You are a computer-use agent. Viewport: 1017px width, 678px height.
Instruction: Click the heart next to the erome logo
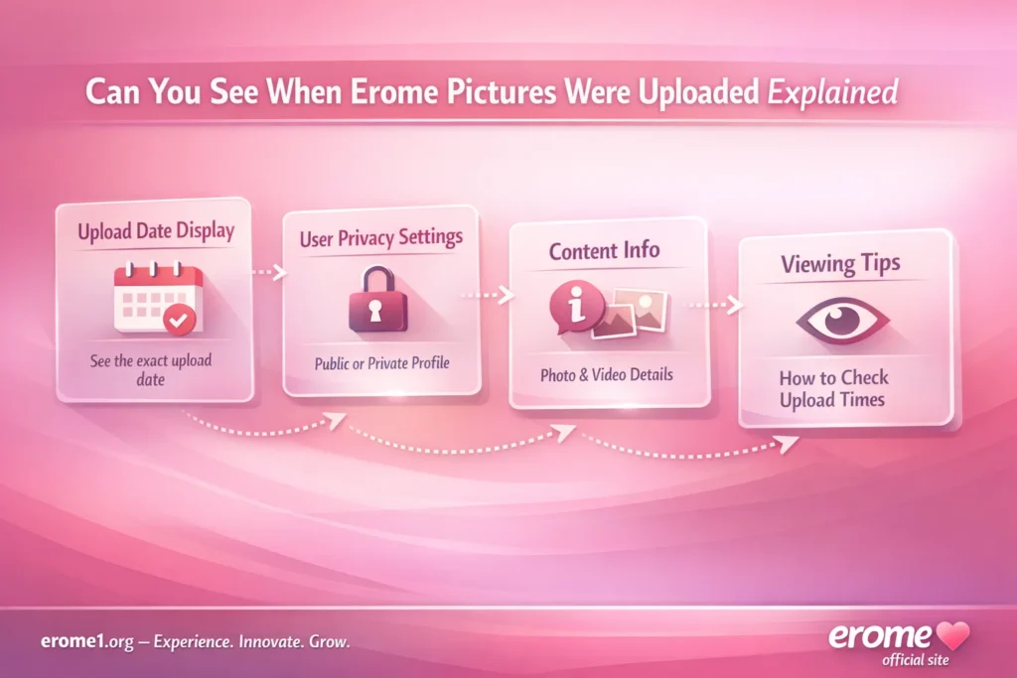[x=955, y=636]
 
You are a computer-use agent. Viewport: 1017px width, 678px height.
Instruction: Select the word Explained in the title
[x=834, y=93]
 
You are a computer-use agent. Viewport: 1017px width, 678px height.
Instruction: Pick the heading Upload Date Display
[x=155, y=231]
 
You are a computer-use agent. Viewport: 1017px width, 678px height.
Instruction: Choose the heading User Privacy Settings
[x=380, y=239]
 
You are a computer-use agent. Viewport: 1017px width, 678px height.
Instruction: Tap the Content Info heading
[x=604, y=250]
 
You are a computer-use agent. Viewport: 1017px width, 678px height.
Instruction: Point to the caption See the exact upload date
[x=151, y=369]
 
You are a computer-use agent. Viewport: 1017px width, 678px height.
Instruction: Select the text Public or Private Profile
[x=382, y=363]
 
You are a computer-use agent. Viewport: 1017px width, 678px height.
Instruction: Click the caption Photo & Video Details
[x=606, y=375]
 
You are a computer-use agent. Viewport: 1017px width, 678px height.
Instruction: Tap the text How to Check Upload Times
[x=833, y=388]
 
